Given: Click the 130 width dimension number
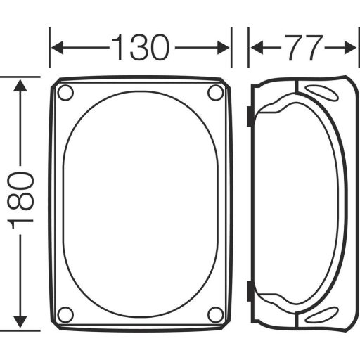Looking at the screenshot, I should click(x=140, y=48).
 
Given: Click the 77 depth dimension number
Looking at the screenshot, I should click(x=303, y=48).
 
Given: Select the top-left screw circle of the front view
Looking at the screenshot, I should click(x=65, y=93).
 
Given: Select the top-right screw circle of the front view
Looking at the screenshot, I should click(x=216, y=93).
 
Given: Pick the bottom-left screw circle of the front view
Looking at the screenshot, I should click(x=65, y=314).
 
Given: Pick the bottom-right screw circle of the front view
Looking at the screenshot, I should click(x=216, y=314).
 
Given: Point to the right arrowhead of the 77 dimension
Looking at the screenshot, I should click(x=352, y=48).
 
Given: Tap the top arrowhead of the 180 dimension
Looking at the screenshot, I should click(x=22, y=84).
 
